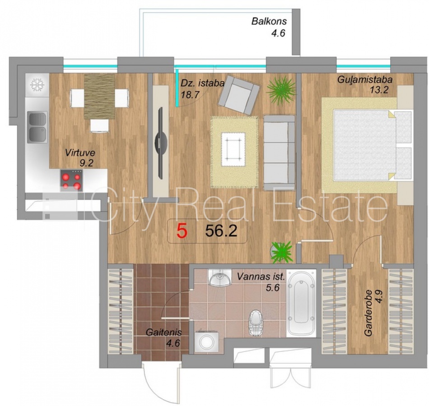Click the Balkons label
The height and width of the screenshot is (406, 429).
(x=269, y=21)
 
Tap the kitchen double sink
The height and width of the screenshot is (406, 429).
(x=37, y=127)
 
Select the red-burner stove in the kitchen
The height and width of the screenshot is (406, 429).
(x=71, y=180)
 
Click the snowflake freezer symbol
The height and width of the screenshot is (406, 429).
(x=37, y=85)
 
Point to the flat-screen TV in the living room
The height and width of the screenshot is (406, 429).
(x=161, y=143)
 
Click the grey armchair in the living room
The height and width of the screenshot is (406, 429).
(x=239, y=95)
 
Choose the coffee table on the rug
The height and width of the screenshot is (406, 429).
(x=233, y=149)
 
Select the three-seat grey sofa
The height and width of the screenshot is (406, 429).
(x=279, y=152)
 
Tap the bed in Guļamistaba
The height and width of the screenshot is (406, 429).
(x=373, y=145)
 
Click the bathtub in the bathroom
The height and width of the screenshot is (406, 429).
(x=301, y=303)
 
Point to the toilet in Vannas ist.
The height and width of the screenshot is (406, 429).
(x=256, y=323)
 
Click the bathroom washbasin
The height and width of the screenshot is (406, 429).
(x=220, y=277)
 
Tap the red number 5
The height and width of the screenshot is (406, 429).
(x=182, y=231)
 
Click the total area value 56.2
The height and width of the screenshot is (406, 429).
(x=221, y=231)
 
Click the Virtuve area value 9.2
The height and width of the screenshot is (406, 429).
(x=86, y=163)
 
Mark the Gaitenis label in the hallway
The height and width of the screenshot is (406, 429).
(x=163, y=332)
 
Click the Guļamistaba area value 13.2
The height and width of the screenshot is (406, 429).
(x=379, y=89)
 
